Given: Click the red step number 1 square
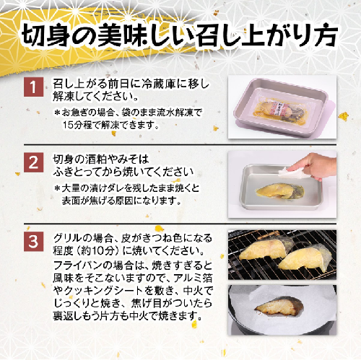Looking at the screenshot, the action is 34,87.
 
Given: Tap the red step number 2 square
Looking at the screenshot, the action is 34,162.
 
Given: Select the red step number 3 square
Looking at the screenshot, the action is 34,242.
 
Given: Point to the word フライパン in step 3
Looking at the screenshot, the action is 78,265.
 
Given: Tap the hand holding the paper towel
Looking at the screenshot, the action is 313,166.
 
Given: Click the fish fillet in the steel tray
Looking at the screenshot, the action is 280,191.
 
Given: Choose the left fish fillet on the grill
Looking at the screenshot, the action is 265,250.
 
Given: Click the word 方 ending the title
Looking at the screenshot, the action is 327,35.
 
